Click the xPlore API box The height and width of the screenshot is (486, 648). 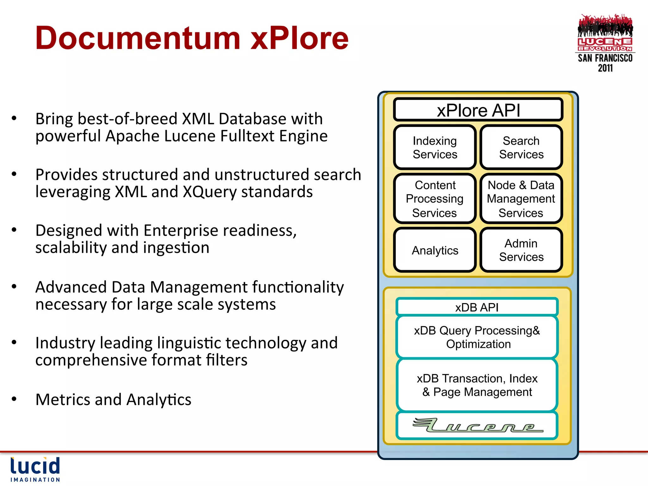[x=478, y=110]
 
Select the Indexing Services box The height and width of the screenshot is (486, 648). [x=435, y=147]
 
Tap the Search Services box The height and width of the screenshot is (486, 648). [x=521, y=147]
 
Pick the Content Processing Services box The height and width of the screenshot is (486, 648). [x=435, y=199]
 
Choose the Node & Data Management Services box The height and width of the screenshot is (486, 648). [x=521, y=199]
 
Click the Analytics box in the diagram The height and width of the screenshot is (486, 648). [x=435, y=250]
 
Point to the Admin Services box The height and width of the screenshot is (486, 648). [x=521, y=250]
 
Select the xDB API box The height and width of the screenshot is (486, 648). [x=477, y=307]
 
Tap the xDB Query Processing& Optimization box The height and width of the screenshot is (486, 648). [x=477, y=337]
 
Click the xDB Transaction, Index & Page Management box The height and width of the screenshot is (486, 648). [x=477, y=385]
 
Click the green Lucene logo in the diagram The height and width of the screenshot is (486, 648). [x=477, y=426]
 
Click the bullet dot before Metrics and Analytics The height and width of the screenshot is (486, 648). [x=14, y=399]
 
